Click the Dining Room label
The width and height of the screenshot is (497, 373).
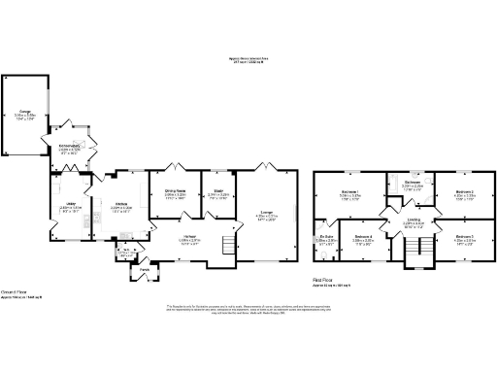(x=175, y=192)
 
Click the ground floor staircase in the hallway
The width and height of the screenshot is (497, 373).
(x=229, y=243)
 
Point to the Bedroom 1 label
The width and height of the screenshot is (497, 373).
(x=350, y=191)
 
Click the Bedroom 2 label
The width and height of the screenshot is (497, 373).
(x=464, y=191)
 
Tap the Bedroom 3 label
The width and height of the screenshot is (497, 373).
(x=464, y=237)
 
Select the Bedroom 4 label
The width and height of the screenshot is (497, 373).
(x=364, y=237)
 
